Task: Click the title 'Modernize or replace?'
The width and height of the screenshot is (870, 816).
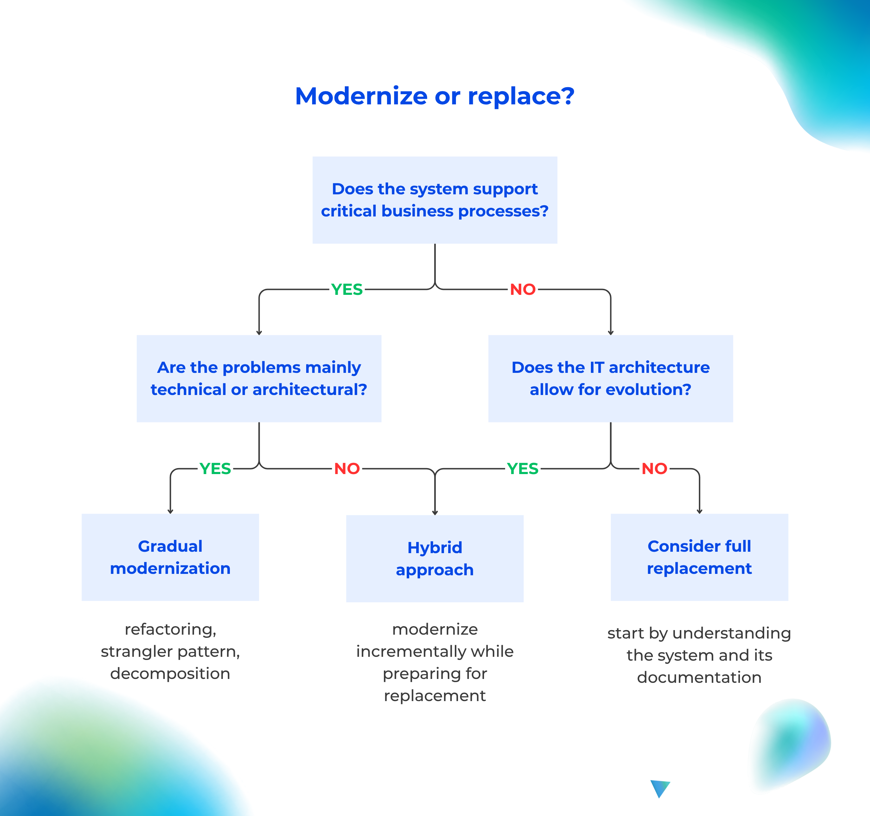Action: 434,96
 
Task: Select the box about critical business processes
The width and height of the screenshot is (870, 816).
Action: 434,200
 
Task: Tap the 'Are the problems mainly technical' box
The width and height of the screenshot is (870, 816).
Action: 259,378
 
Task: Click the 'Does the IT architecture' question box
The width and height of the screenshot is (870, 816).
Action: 611,378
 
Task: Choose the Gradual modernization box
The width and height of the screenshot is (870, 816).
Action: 170,557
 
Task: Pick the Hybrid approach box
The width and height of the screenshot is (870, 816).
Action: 434,558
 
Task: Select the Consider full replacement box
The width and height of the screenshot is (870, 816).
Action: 699,557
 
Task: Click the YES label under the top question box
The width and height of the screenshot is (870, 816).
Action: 347,290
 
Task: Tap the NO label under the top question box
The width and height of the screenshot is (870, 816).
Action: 523,290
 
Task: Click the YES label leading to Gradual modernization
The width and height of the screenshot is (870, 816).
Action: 215,468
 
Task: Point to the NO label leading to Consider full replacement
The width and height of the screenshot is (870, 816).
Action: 654,468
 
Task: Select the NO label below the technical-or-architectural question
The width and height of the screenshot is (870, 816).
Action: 347,468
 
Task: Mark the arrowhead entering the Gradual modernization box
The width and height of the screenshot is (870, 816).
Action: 170,511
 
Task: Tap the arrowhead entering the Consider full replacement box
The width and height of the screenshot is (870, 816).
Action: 699,511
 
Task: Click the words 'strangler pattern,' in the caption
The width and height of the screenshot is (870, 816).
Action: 170,652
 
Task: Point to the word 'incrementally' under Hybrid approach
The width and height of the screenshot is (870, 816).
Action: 411,652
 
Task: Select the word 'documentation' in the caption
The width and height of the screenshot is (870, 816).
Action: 699,677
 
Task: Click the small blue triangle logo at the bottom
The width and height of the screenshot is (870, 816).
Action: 659,788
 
